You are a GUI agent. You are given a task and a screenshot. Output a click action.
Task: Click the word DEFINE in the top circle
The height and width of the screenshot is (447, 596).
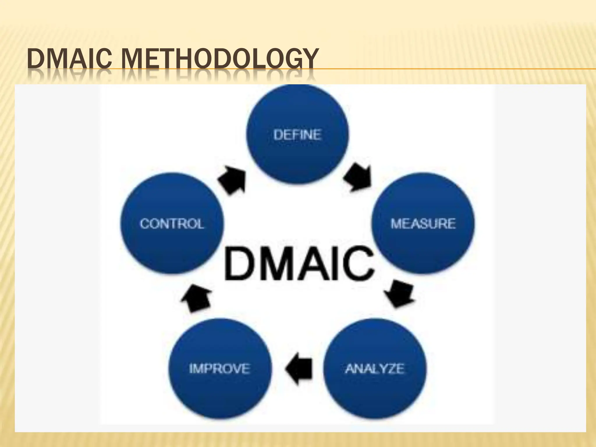point(297,135)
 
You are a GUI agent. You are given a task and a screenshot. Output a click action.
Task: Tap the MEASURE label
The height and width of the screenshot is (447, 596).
point(423,224)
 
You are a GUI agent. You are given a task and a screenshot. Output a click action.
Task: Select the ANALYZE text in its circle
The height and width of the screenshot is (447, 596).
point(375,369)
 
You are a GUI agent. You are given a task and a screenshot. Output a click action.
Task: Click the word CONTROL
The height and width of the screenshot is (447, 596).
point(172,224)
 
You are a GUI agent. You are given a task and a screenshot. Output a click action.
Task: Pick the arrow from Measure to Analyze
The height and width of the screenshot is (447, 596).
point(400,293)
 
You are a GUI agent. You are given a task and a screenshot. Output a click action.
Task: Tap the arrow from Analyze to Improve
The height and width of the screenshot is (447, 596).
point(299,369)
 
